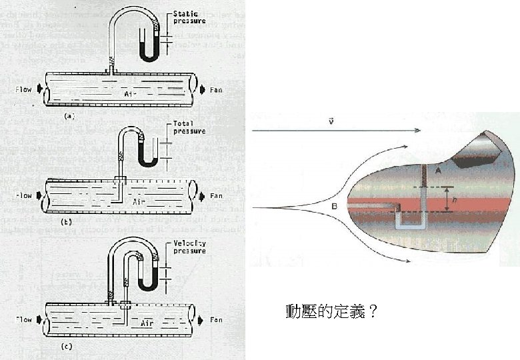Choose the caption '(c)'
(x=67, y=346)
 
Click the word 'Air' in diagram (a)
(x=131, y=95)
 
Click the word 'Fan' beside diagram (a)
(x=216, y=89)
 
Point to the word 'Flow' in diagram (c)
(x=24, y=319)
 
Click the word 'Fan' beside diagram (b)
(x=216, y=196)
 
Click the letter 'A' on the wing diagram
(x=438, y=171)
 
